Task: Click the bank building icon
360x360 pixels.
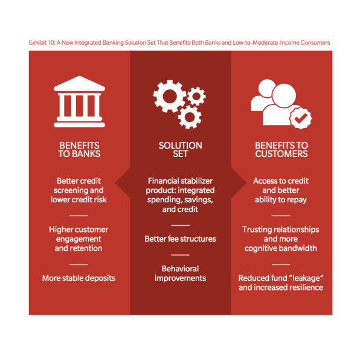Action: pos(80,101)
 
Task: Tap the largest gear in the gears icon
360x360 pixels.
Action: pos(170,96)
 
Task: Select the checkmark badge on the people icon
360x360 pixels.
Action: pos(300,118)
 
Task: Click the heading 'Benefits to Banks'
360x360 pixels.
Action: pos(79,150)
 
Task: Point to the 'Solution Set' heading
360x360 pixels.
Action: pos(181,150)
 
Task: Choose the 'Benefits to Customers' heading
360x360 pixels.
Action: pos(281,150)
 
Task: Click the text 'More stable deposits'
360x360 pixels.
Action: pos(79,278)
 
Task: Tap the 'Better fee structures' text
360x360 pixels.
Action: pos(180,239)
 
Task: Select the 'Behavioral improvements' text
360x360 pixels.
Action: pos(180,274)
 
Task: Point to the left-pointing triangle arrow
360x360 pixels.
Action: pos(123,183)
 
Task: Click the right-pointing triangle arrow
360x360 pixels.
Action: pos(239,183)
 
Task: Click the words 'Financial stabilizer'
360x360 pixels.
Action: pos(180,181)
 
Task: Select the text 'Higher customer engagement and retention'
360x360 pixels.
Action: pos(79,239)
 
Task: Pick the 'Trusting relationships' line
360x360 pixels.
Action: pos(281,230)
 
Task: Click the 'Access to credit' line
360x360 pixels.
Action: pos(281,181)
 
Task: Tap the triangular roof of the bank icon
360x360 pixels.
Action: pos(80,83)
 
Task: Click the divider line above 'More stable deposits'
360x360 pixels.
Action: pos(79,265)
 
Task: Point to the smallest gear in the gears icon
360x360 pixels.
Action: pos(196,96)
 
